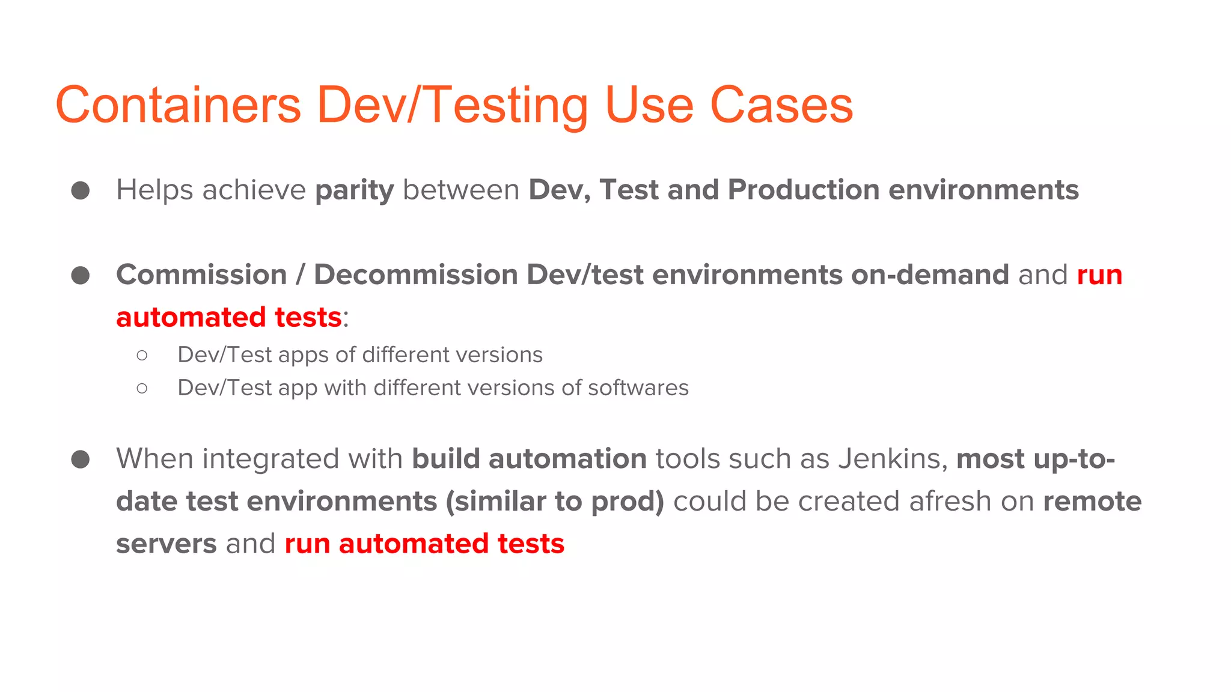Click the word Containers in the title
178,105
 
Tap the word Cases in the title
781,105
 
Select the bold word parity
355,190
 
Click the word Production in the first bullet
804,190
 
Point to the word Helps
154,190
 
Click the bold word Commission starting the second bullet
201,275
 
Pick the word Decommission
416,275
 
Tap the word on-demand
930,275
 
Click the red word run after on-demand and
1099,276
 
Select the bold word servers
166,544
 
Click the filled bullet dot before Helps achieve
81,190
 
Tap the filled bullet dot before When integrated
81,460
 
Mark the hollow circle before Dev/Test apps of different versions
142,356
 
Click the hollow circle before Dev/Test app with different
142,389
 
